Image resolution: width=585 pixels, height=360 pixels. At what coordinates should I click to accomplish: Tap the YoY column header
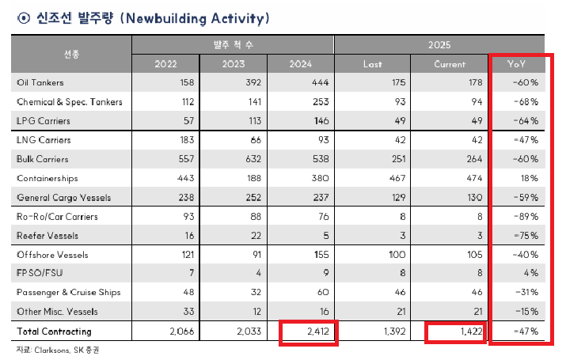[x=519, y=64]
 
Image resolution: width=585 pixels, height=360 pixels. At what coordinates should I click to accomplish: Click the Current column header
[x=450, y=64]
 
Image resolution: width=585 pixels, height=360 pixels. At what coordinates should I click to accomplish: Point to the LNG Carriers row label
[x=43, y=140]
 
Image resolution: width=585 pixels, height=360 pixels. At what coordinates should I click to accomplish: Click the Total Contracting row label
[x=55, y=332]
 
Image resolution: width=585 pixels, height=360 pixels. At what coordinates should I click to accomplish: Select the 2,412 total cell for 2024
[x=310, y=332]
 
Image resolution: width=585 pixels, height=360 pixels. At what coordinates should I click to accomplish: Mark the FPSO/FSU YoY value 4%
[x=532, y=274]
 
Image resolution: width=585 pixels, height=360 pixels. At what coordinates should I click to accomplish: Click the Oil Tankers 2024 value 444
[x=319, y=82]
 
